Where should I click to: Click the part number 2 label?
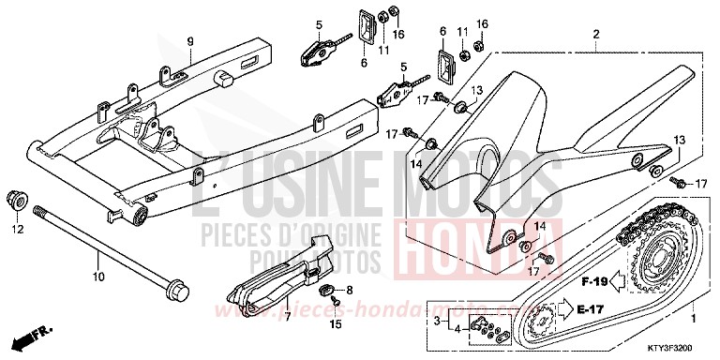tap(594, 35)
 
